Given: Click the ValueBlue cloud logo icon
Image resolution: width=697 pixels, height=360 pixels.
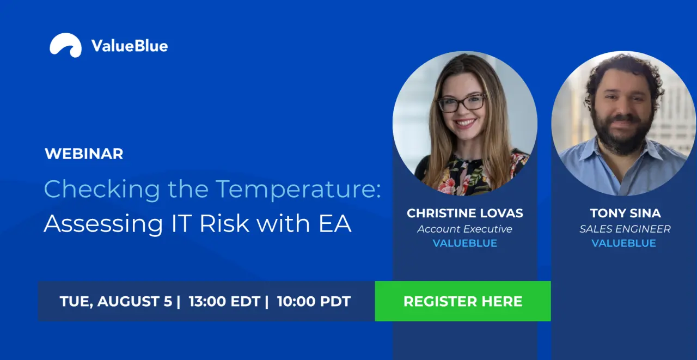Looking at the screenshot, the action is click(66, 45).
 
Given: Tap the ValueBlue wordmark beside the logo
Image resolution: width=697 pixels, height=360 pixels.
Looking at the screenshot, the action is click(130, 46).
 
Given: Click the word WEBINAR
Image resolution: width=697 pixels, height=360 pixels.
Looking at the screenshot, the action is click(84, 154).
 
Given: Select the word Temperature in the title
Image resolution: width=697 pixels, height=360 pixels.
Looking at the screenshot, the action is click(298, 189).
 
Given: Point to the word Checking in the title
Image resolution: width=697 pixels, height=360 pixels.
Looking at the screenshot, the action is click(102, 189).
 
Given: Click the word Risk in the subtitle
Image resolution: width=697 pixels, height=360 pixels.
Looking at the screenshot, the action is click(224, 223).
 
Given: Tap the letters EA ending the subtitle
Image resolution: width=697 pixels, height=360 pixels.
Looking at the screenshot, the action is click(335, 223).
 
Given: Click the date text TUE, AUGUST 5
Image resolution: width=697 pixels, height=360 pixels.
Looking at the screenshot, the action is click(116, 301).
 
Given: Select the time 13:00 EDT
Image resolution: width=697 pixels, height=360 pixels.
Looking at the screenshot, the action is click(224, 301).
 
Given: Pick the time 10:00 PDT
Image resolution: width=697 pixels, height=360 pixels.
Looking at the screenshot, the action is click(314, 301).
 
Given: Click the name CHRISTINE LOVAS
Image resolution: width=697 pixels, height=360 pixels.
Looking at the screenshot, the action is click(465, 213).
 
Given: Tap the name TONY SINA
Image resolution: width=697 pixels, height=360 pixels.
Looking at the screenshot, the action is click(625, 213).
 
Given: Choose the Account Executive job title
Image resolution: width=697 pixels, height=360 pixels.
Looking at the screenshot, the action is click(465, 229).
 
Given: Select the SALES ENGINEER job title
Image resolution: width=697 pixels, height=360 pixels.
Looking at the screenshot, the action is click(625, 229).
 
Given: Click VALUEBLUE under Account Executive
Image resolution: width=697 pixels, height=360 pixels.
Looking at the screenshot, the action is click(465, 243).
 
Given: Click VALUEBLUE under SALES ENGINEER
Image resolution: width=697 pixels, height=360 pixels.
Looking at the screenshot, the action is click(624, 243).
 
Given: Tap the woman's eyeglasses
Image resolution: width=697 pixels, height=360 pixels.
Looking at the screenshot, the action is click(461, 103).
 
